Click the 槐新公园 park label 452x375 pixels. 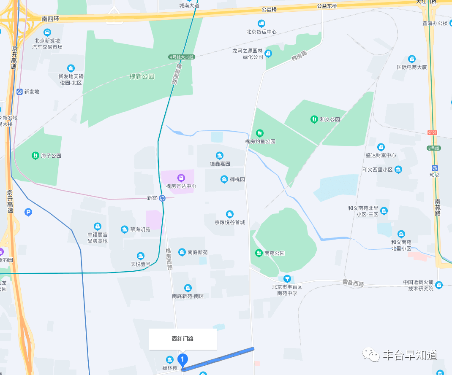142,76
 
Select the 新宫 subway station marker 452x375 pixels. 162,198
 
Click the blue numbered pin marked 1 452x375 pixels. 182,360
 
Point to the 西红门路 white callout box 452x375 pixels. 182,339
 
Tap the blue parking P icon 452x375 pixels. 28,213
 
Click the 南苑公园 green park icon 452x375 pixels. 259,253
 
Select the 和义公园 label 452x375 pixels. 329,119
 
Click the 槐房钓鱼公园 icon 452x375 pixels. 260,133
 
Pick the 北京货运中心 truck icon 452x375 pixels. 261,24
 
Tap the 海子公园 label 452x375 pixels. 50,156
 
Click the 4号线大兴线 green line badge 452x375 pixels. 181,57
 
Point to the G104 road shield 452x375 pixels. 432,132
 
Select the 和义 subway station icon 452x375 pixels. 435,167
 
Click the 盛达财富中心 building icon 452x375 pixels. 381,147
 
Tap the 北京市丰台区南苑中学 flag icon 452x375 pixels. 287,278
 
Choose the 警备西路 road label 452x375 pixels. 353,284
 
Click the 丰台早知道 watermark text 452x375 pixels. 409,356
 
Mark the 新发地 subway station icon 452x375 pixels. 20,92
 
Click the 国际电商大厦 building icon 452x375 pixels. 412,59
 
